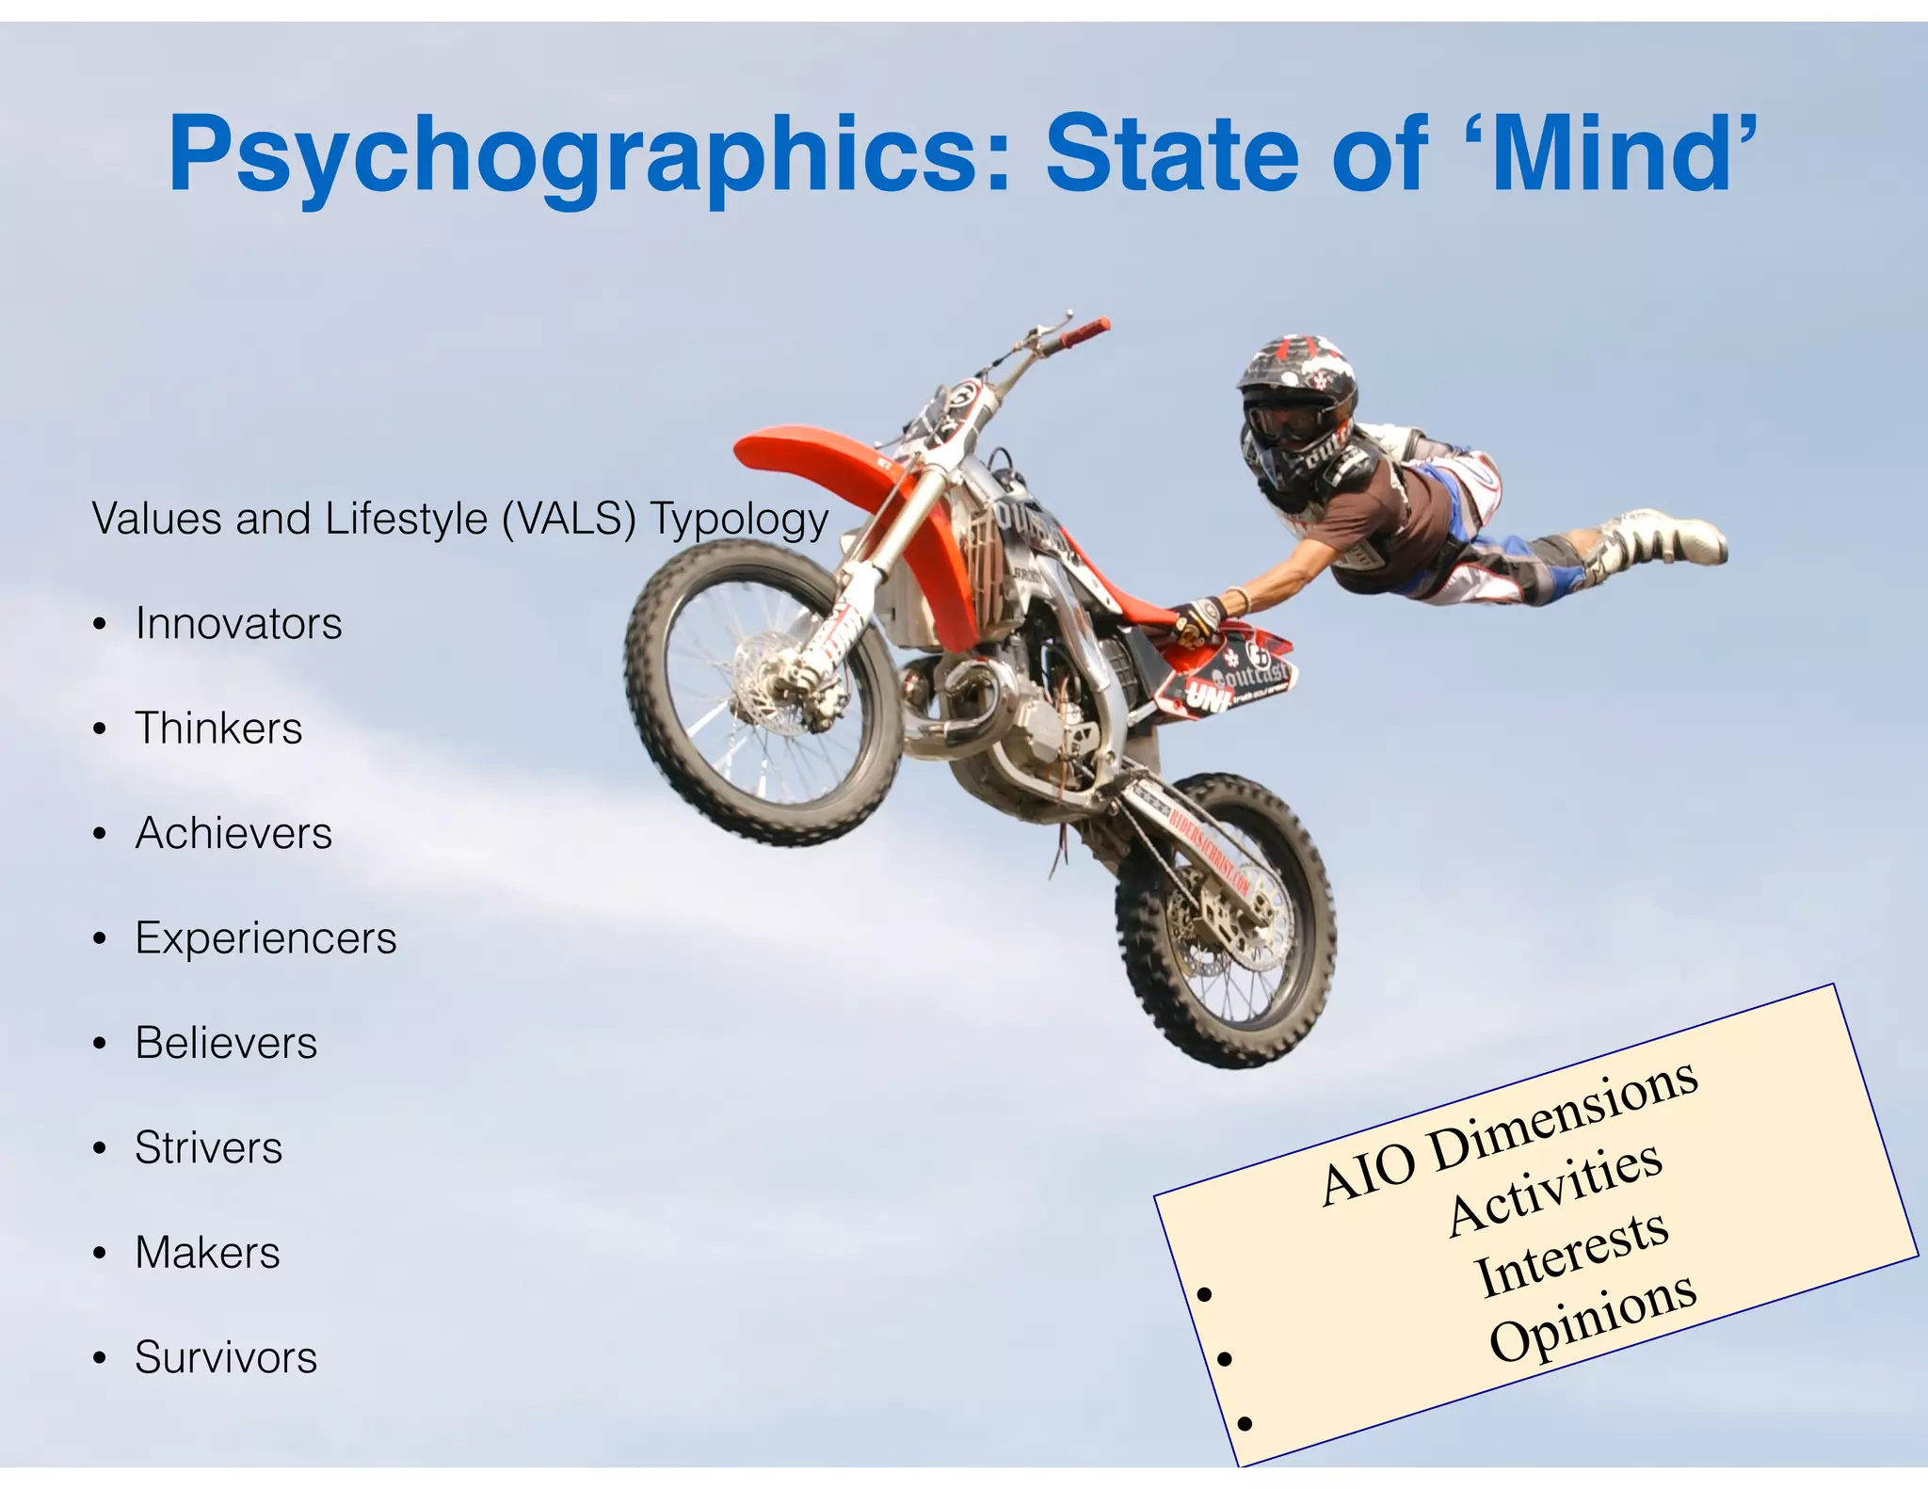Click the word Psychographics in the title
pyautogui.click(x=574, y=155)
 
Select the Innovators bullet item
pyautogui.click(x=238, y=623)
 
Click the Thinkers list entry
pyautogui.click(x=218, y=728)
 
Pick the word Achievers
pyautogui.click(x=233, y=833)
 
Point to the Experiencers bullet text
pyautogui.click(x=265, y=937)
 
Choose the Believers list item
pyautogui.click(x=226, y=1043)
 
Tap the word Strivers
pyautogui.click(x=208, y=1147)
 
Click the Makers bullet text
pyautogui.click(x=207, y=1253)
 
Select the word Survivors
pyautogui.click(x=226, y=1357)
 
